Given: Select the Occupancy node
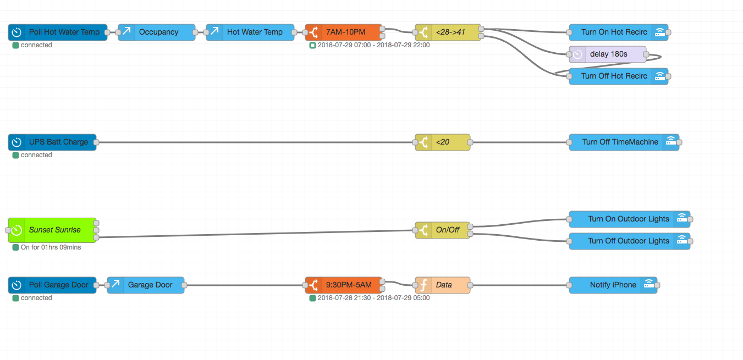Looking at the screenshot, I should point(158,32).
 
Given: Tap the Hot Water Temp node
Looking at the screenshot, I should point(254,32).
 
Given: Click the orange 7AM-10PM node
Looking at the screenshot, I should point(345,32).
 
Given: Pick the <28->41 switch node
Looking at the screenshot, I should point(450,32).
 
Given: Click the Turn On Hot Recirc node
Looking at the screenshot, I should point(614,32).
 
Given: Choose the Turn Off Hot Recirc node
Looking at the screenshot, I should point(614,76).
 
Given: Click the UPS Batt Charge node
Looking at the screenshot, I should point(58,142).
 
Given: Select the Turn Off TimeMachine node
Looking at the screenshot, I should point(620,142).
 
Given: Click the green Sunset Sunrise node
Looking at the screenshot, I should point(54,230).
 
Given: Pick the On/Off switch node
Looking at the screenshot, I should point(447,230).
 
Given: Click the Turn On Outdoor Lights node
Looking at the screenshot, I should point(628,219).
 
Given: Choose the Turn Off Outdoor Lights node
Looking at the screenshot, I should point(628,241).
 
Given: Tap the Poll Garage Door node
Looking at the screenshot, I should point(58,285).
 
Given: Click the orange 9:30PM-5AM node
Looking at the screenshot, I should point(348,285).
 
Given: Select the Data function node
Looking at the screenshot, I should point(443,285).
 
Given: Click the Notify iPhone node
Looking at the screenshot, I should point(613,285).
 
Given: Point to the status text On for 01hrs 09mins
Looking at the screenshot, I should point(51,247).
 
